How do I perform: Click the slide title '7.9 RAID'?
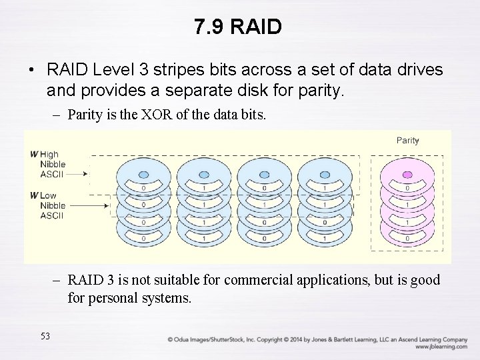(239, 27)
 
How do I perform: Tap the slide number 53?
(45, 335)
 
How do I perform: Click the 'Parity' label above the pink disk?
(407, 140)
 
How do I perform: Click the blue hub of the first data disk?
(143, 174)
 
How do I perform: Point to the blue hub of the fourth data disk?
(325, 174)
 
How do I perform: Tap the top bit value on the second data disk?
(203, 189)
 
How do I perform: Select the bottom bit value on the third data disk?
(264, 238)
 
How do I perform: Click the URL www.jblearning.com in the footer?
(441, 347)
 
